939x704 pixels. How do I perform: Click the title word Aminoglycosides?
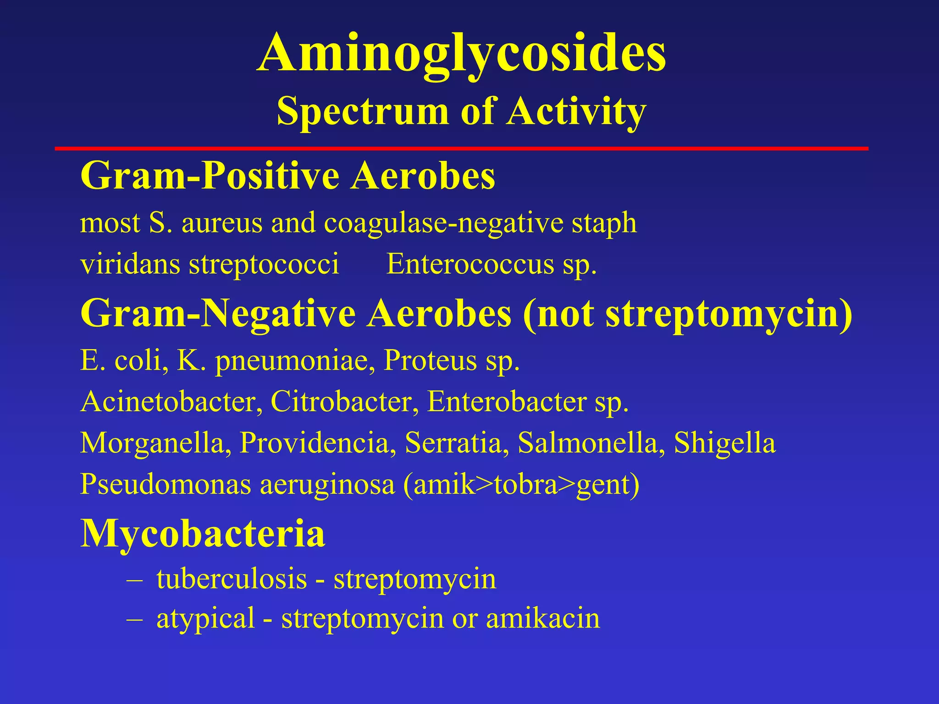(x=461, y=54)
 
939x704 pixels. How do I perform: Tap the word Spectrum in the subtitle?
(x=363, y=111)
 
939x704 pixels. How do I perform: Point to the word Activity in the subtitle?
(x=576, y=111)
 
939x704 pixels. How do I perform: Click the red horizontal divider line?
(x=461, y=148)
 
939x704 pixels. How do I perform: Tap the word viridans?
(x=130, y=264)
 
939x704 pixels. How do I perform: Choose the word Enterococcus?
(x=470, y=264)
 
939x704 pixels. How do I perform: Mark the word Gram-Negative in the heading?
(x=218, y=314)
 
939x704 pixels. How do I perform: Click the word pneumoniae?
(x=292, y=361)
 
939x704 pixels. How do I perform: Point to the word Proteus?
(x=431, y=360)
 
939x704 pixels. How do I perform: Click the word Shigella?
(x=724, y=444)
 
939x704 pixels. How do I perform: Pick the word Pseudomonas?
(x=166, y=484)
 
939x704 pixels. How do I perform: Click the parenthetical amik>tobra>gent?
(x=521, y=485)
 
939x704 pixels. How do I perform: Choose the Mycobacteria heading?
(x=203, y=534)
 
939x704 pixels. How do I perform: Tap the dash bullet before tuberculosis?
(x=135, y=580)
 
